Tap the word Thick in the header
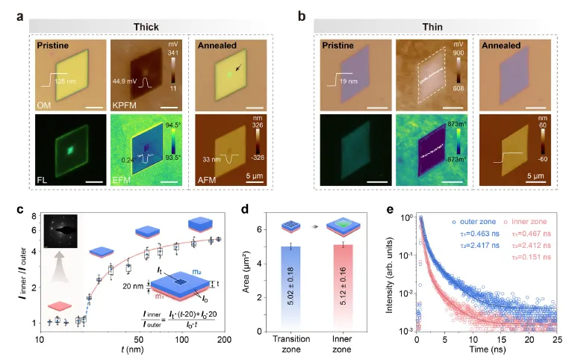click(146, 27)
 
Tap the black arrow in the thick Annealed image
click(237, 69)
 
